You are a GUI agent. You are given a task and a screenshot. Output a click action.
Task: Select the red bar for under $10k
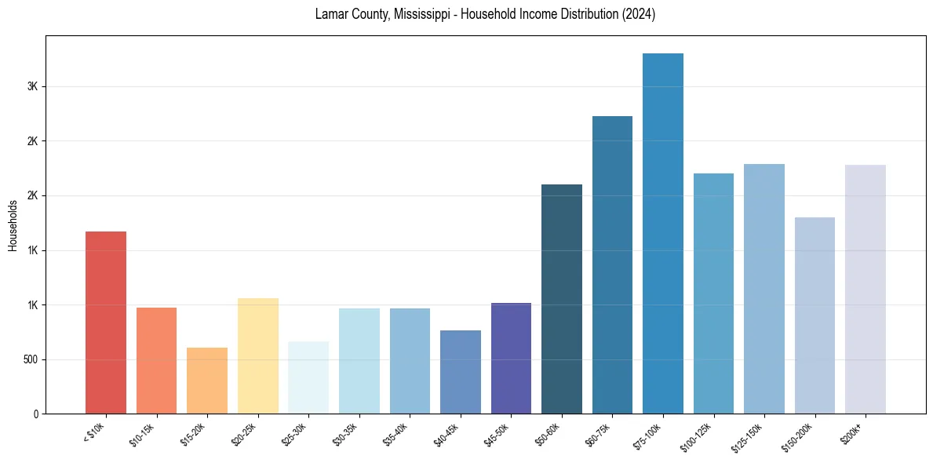(106, 323)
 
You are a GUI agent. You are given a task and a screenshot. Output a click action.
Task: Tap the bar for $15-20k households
(207, 381)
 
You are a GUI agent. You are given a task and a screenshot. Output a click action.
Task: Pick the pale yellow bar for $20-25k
(258, 356)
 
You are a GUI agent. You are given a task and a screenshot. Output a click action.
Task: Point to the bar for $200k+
(866, 290)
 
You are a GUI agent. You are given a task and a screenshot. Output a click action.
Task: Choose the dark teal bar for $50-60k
(562, 299)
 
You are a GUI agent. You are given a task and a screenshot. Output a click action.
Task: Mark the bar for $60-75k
(612, 265)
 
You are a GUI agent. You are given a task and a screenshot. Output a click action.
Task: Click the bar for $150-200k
(815, 315)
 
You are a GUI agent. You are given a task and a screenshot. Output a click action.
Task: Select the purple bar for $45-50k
(511, 359)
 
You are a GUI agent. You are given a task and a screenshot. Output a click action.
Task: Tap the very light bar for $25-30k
(308, 377)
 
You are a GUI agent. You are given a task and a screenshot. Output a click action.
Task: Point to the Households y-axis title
(13, 225)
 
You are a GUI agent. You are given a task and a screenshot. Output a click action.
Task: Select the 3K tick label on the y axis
(32, 86)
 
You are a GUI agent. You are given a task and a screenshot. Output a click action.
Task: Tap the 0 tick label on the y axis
(36, 414)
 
